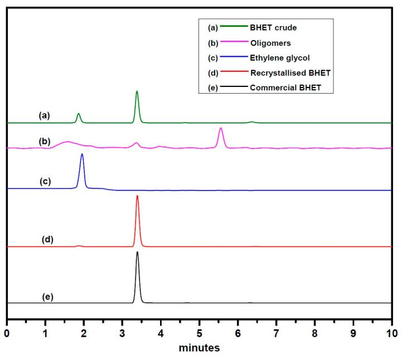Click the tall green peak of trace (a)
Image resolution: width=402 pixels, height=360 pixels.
coord(137,93)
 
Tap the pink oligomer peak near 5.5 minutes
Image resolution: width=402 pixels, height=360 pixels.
coord(221,129)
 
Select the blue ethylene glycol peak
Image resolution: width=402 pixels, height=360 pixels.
coord(82,155)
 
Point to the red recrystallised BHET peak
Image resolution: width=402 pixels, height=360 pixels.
coord(137,197)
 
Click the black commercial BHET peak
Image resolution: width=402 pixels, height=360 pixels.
coord(137,254)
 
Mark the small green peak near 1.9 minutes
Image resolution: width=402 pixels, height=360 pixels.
coord(79,114)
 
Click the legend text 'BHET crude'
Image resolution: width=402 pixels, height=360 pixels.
coord(273,27)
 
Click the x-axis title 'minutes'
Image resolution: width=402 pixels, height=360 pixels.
coord(199,348)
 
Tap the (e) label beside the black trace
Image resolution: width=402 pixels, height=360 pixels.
coord(48,296)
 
